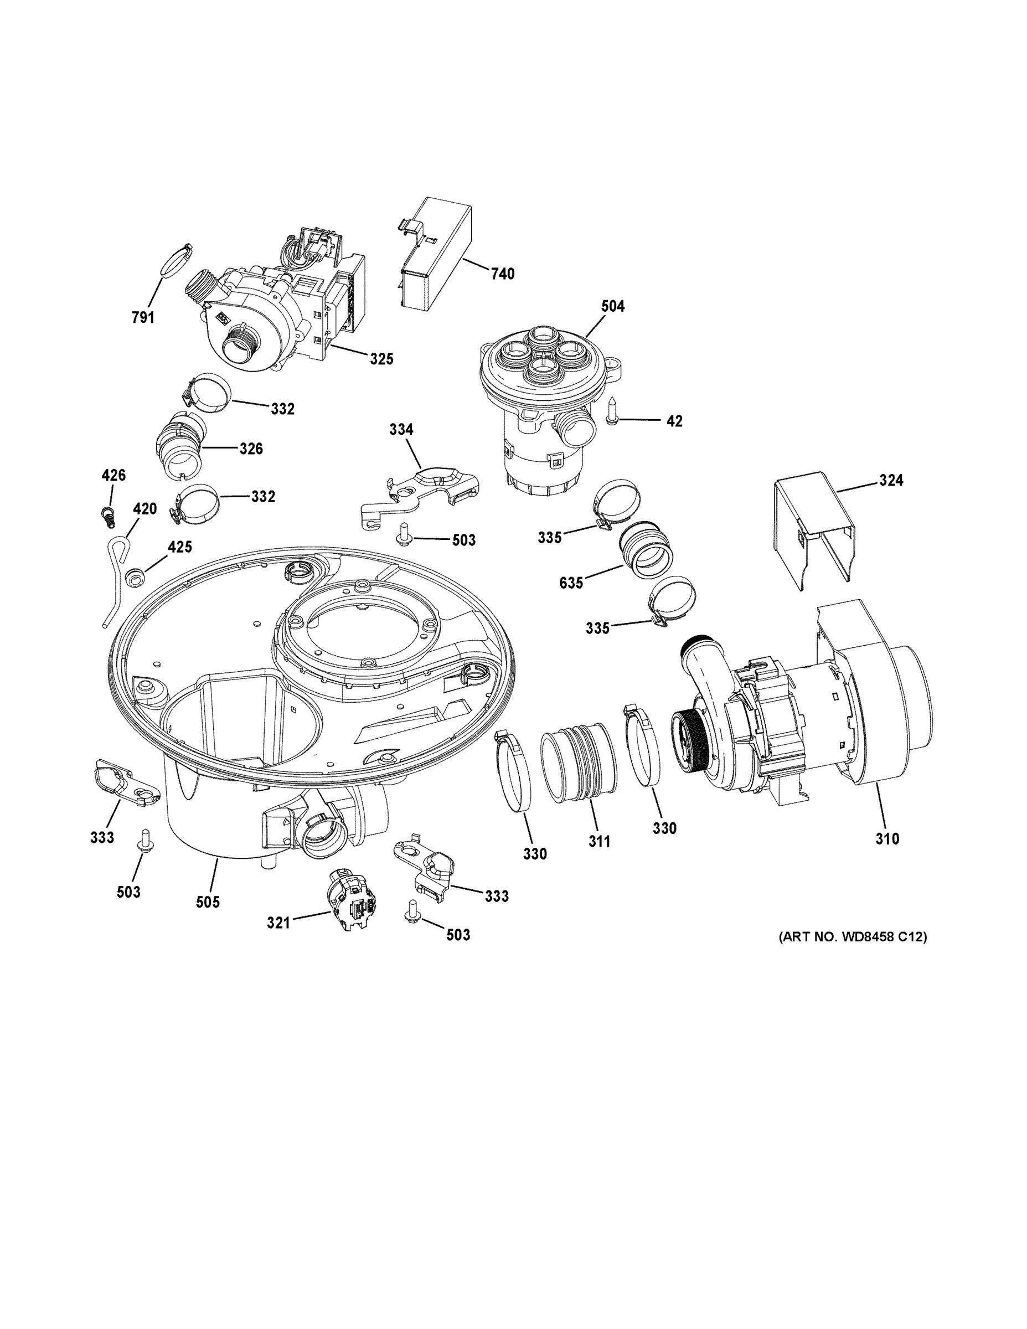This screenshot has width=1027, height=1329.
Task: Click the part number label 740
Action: tap(503, 274)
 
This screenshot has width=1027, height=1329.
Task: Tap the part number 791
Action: tap(143, 317)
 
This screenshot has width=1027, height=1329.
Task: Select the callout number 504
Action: tap(613, 306)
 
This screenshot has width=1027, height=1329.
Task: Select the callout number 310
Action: tap(887, 838)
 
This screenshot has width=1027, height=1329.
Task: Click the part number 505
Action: tap(208, 902)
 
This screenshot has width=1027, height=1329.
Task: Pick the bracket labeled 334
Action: tap(420, 492)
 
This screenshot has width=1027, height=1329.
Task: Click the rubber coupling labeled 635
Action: tap(647, 552)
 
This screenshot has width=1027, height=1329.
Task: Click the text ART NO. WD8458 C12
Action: tap(853, 937)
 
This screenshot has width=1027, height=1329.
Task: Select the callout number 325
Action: tap(381, 359)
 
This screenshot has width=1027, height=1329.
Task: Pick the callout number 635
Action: tap(571, 583)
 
